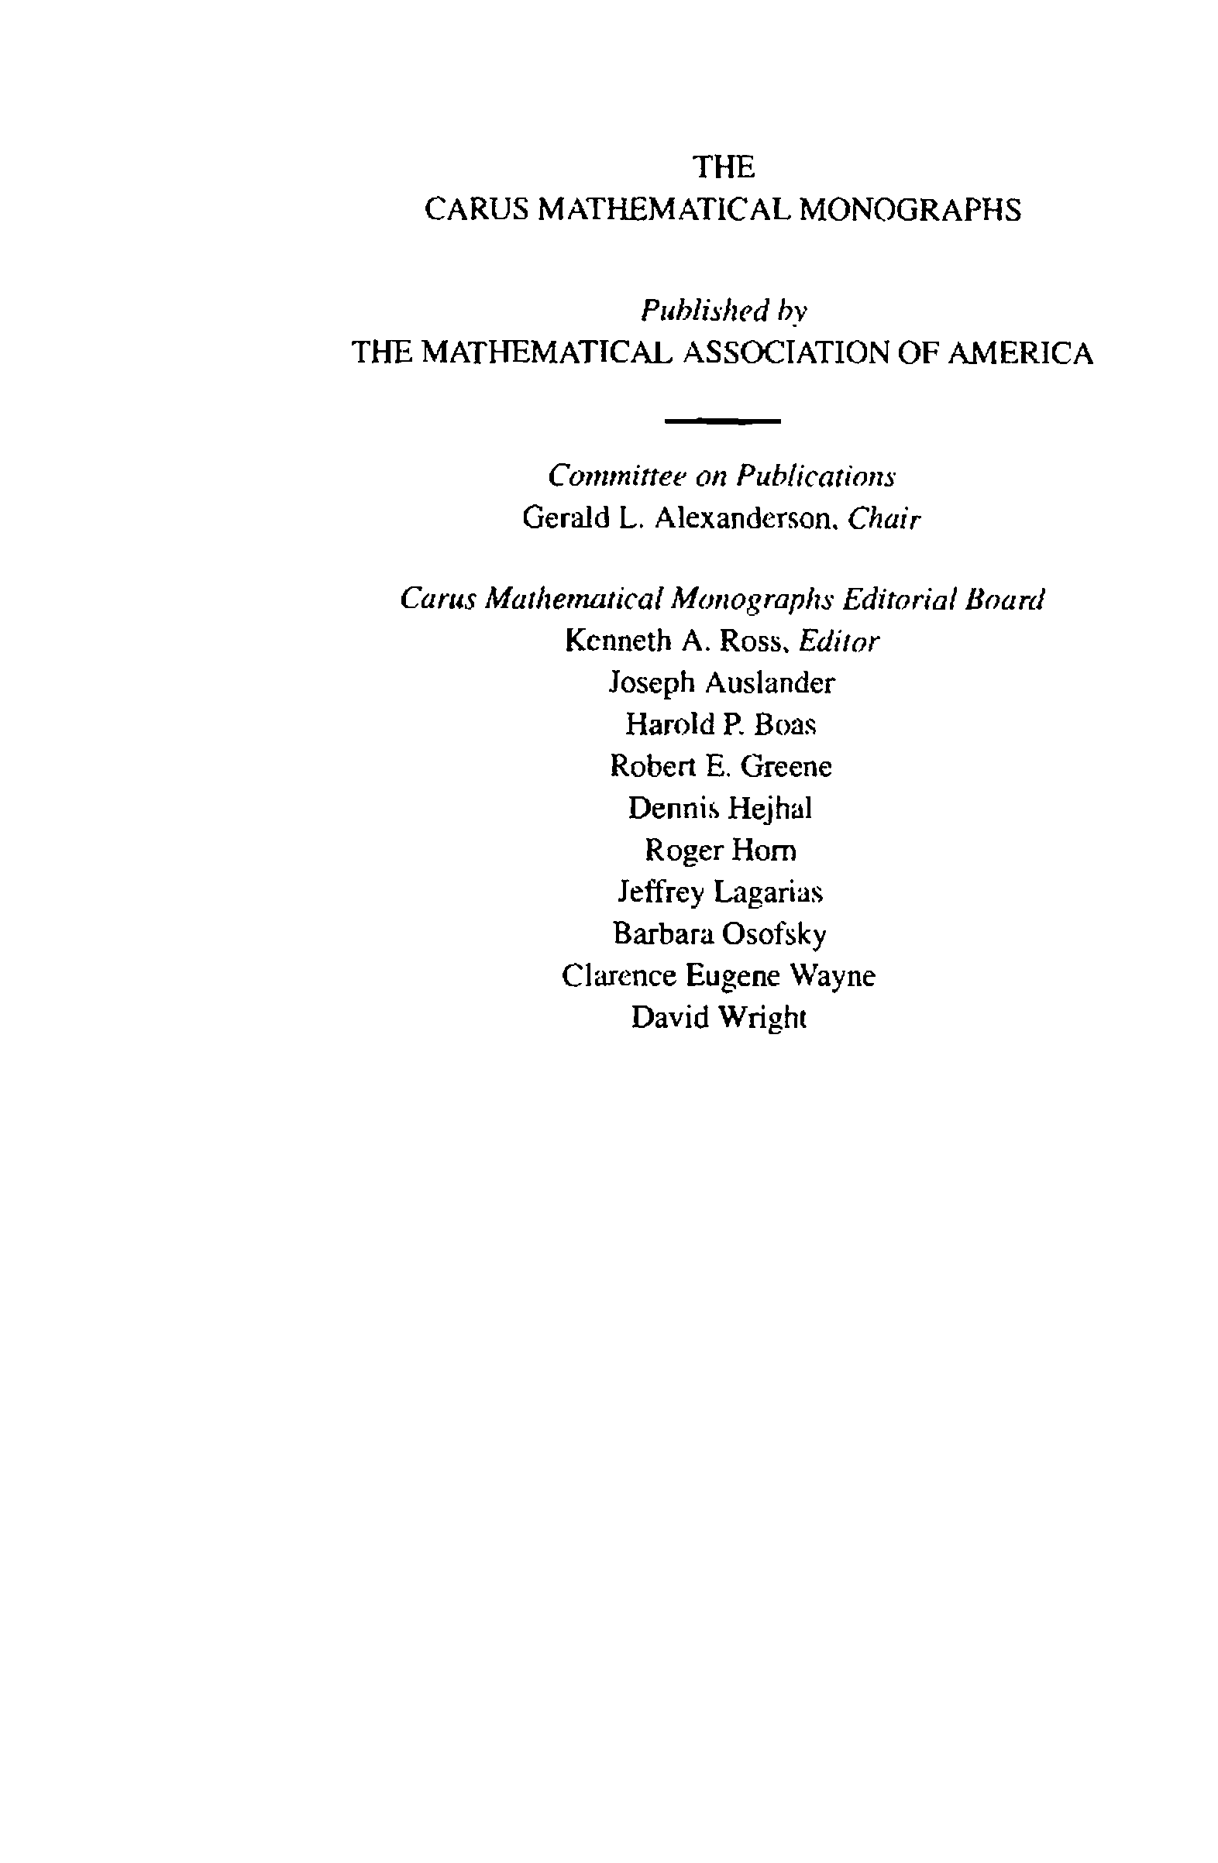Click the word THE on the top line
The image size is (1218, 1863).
coord(724,167)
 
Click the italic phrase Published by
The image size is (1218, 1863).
coord(724,311)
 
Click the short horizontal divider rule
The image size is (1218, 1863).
coord(721,422)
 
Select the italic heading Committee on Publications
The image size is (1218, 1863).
coord(721,476)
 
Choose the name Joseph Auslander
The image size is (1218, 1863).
coord(721,683)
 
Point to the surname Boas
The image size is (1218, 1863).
coord(785,725)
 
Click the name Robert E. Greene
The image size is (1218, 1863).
coord(721,766)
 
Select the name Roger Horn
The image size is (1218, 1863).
coord(721,850)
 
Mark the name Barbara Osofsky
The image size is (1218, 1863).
coord(720,934)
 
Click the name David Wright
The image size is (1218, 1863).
coord(718,1018)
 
